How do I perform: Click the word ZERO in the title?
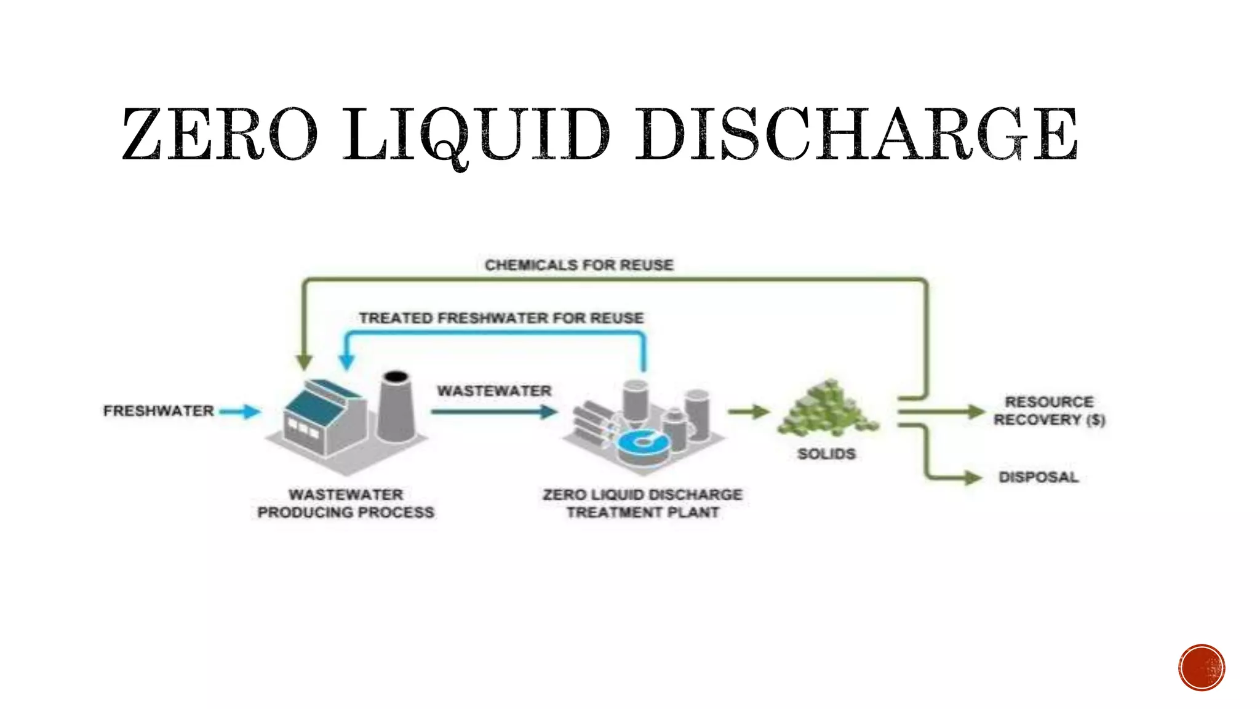220,134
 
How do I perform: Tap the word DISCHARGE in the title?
856,134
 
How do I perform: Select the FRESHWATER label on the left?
158,411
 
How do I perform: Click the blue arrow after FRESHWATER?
241,411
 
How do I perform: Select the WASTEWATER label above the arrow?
494,391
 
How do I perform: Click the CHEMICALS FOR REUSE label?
579,265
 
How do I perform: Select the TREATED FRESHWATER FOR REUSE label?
501,318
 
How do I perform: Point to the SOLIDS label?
826,454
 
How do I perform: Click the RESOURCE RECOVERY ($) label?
1049,411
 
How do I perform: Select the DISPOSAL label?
1039,477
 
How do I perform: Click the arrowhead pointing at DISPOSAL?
973,477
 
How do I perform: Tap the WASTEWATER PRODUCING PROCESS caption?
346,503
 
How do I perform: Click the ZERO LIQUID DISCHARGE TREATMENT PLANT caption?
642,503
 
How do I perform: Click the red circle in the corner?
1202,667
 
